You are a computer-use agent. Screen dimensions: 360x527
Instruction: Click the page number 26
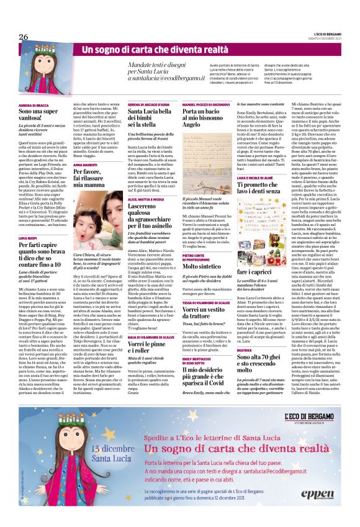click(24, 37)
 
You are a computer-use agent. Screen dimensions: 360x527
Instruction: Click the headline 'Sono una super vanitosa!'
click(41, 117)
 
